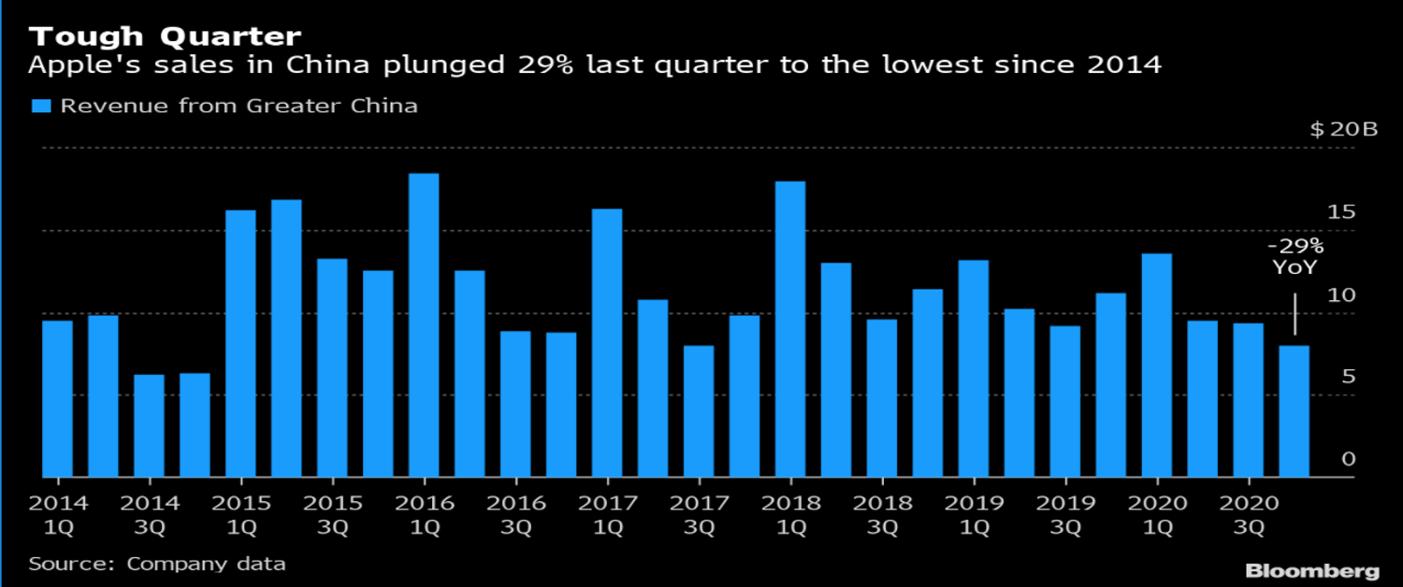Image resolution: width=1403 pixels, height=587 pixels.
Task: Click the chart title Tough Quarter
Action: pos(165,36)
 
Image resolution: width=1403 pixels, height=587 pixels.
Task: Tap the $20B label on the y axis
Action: pos(1344,129)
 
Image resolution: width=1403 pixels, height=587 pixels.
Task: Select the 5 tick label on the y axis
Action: pos(1348,377)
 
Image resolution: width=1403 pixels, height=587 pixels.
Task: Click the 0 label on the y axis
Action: pos(1348,459)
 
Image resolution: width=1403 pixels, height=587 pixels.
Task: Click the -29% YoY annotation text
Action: pos(1295,256)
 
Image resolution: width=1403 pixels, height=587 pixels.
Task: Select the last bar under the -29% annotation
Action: pos(1295,411)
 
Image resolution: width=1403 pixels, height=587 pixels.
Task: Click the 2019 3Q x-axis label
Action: pos(1065,514)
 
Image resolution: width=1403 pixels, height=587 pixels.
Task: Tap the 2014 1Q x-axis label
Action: pos(58,514)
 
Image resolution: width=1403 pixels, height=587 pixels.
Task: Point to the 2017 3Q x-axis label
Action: pos(699,514)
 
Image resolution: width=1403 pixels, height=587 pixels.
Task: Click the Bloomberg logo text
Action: pos(1311,570)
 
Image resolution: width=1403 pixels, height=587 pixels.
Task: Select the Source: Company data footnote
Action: pos(157,564)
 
